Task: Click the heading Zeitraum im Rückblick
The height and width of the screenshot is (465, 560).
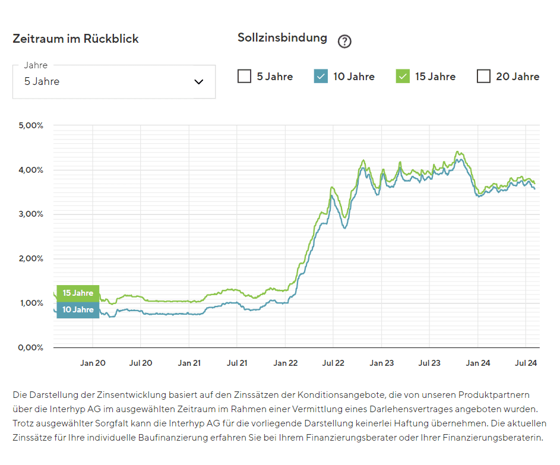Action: coord(75,39)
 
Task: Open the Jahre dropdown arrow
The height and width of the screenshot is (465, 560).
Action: coord(199,82)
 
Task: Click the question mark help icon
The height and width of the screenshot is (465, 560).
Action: coord(344,42)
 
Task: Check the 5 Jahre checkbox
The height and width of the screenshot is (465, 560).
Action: coord(244,77)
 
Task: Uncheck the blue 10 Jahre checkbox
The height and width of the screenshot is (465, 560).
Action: coord(321,77)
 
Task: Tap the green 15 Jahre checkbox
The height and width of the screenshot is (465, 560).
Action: coord(403,77)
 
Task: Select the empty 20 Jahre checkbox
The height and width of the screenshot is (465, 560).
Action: coord(483,77)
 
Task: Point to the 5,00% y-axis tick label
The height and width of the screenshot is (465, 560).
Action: coord(31,126)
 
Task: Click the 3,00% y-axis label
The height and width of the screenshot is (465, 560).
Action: coord(31,214)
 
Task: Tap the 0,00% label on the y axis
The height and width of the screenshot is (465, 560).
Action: coord(31,347)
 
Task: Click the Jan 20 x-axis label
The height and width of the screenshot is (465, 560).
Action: coord(93,363)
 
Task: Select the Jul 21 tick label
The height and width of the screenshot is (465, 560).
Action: coord(237,363)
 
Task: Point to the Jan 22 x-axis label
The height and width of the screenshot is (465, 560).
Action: coord(285,363)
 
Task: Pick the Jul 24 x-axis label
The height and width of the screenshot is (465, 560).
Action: coord(526,363)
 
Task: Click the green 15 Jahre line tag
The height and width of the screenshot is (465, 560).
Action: coord(78,293)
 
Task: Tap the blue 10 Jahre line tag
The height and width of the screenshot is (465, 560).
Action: coord(78,310)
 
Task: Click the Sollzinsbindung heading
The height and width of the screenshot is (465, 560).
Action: coord(282,38)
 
